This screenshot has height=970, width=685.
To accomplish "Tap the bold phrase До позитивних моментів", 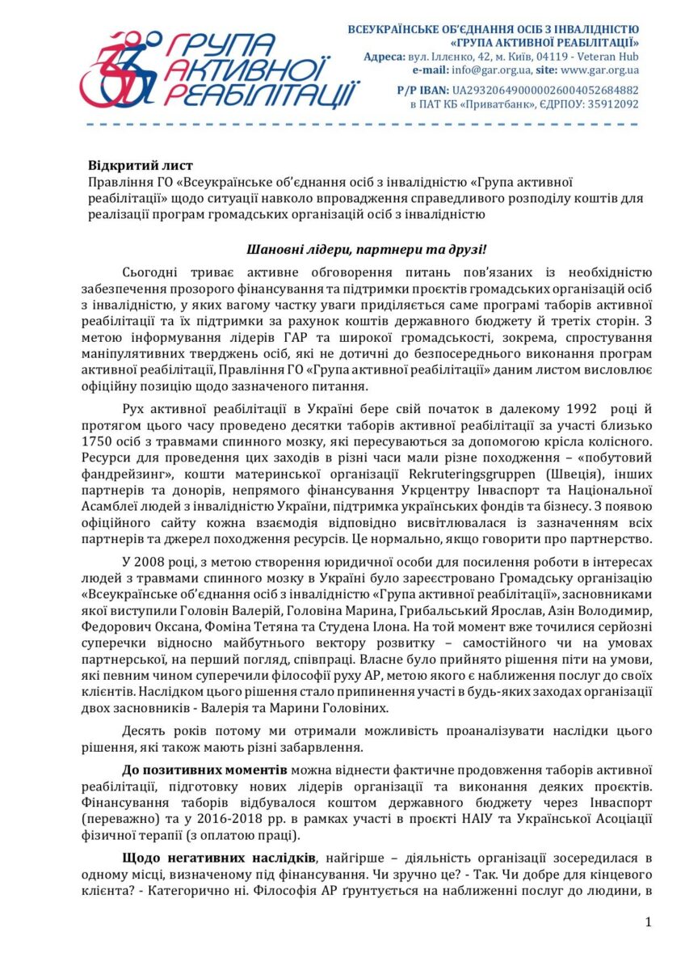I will click(204, 770).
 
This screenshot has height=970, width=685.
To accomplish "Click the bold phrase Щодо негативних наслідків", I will click(217, 858).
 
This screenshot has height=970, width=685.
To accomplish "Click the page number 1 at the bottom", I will click(649, 922).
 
